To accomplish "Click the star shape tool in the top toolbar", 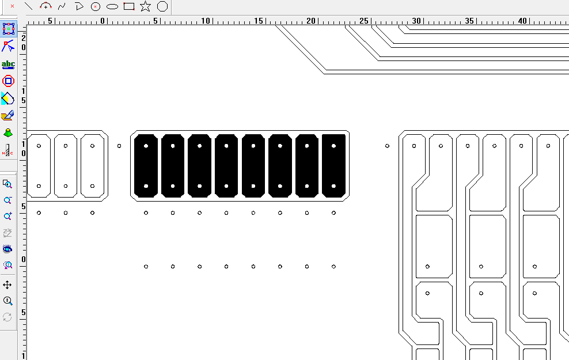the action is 146,6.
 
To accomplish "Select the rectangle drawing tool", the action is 129,6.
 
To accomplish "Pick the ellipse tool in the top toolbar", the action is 112,6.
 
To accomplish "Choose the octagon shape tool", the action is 162,6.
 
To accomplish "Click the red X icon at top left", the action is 12,6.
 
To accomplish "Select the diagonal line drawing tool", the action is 28,6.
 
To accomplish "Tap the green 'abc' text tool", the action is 8,65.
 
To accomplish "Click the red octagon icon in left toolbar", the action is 8,81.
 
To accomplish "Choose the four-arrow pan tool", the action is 7,285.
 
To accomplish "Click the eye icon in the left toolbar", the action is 7,249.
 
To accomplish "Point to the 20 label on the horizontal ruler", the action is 311,21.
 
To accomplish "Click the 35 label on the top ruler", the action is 469,21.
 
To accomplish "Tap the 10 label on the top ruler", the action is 206,21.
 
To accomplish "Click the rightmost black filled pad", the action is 334,166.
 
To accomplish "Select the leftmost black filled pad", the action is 146,166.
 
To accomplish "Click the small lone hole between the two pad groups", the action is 119,146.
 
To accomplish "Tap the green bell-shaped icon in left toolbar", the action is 8,133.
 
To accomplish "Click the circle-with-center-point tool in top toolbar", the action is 96,6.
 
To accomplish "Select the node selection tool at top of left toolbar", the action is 8,29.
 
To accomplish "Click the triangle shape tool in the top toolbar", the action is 79,6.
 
